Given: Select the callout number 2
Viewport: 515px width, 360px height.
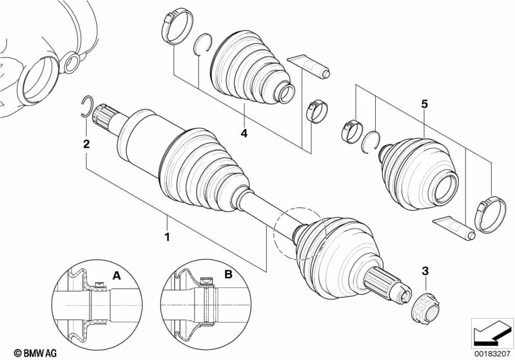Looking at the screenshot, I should point(86,144).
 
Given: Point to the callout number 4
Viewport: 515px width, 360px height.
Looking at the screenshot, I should point(244,134).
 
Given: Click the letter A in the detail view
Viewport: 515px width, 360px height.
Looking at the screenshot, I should point(117,275).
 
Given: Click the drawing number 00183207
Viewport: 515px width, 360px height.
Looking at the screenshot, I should point(493,353).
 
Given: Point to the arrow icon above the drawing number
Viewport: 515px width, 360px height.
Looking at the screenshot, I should point(492,333).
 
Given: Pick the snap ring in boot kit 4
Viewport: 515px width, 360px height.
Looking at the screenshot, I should point(203,47).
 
